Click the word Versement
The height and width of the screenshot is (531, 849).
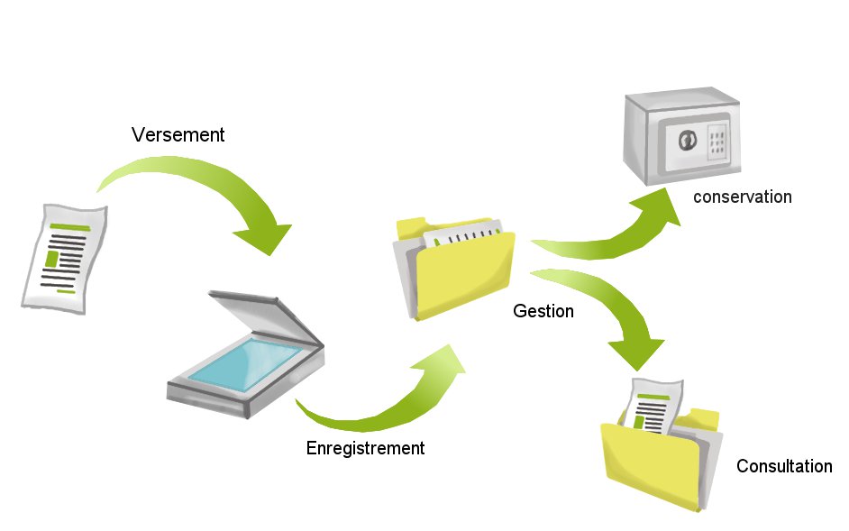[x=178, y=135]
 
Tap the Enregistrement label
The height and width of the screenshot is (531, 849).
[x=365, y=447]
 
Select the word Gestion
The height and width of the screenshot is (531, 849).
[x=543, y=311]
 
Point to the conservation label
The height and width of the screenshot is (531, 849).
[x=742, y=197]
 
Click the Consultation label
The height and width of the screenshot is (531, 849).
[x=784, y=466]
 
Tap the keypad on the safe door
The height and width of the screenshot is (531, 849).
[x=717, y=142]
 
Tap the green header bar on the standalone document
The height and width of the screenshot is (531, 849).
[x=70, y=228]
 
